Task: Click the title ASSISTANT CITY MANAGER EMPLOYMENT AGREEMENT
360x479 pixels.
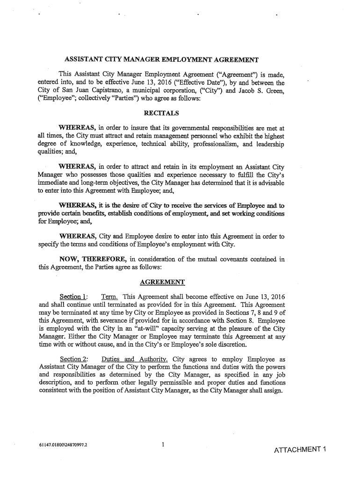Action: coord(161,60)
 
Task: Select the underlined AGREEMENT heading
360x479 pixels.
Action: coord(162,281)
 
